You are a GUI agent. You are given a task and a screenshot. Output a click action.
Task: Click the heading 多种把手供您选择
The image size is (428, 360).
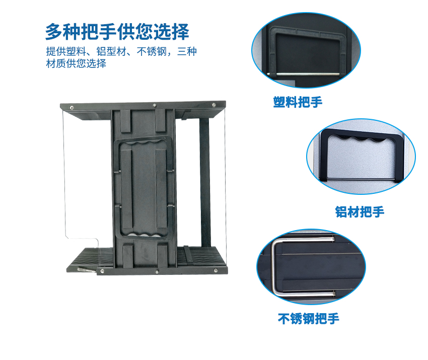[117, 32]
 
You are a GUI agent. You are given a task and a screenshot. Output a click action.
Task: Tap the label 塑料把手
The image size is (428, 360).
[298, 102]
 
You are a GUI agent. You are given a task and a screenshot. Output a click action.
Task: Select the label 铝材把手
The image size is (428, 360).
[360, 212]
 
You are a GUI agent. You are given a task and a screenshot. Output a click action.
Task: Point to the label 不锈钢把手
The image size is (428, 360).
[309, 319]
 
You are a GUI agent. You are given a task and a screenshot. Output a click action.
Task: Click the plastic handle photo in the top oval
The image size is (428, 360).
[306, 50]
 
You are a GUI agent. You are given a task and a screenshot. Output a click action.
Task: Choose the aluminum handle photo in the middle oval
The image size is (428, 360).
[361, 157]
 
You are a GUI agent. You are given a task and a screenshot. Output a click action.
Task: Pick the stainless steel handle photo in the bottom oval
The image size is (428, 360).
[311, 267]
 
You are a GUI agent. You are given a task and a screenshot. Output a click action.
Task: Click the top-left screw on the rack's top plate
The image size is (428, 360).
[72, 108]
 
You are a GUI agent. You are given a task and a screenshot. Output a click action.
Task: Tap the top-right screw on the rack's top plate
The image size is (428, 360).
[213, 105]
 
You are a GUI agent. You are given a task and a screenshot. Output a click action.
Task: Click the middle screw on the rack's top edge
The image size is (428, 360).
[155, 105]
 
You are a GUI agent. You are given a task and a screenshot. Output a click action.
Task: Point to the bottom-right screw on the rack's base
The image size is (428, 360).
[216, 270]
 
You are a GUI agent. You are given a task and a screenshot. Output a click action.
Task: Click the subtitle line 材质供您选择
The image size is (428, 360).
[76, 63]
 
